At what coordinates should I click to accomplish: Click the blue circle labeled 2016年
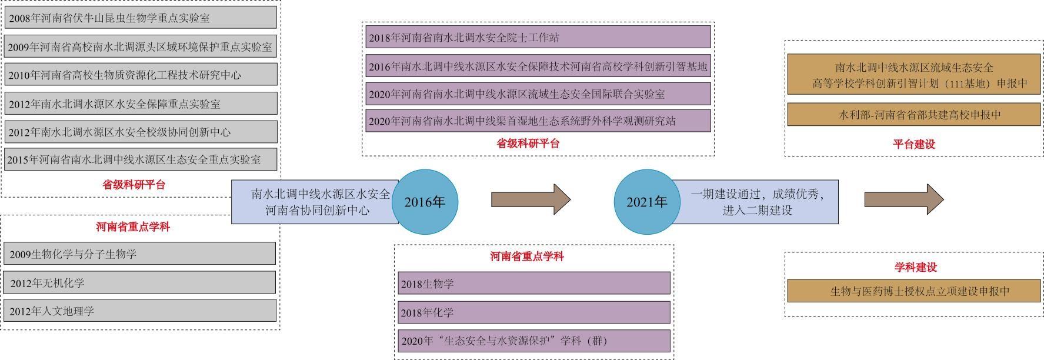pyautogui.click(x=425, y=202)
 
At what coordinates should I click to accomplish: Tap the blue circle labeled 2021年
pyautogui.click(x=646, y=202)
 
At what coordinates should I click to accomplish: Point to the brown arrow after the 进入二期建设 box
pyautogui.click(x=903, y=199)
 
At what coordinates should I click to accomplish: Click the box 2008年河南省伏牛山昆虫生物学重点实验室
pyautogui.click(x=141, y=18)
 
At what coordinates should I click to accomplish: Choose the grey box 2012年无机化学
pyautogui.click(x=139, y=282)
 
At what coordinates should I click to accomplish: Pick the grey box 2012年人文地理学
pyautogui.click(x=139, y=311)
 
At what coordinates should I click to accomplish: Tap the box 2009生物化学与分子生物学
pyautogui.click(x=139, y=254)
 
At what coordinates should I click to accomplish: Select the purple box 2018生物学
pyautogui.click(x=533, y=283)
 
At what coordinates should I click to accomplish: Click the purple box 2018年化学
pyautogui.click(x=533, y=312)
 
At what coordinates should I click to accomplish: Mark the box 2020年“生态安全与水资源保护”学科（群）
pyautogui.click(x=533, y=341)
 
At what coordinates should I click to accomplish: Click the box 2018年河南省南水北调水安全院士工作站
pyautogui.click(x=538, y=37)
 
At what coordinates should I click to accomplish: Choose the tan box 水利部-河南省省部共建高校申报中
pyautogui.click(x=913, y=115)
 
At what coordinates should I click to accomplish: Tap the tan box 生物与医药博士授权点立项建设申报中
pyautogui.click(x=913, y=291)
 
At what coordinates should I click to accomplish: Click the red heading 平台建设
pyautogui.click(x=913, y=144)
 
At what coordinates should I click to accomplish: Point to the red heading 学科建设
pyautogui.click(x=915, y=267)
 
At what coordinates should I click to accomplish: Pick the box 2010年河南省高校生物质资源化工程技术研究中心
pyautogui.click(x=141, y=75)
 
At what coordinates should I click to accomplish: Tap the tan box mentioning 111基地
pyautogui.click(x=913, y=75)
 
